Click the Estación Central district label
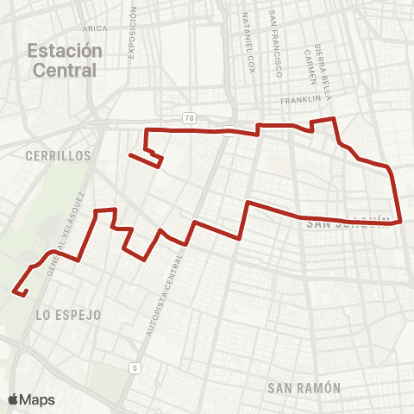tap(64, 60)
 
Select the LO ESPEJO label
tap(69, 316)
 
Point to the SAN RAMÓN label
tap(304, 387)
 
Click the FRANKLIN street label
tap(300, 101)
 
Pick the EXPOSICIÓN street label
tap(133, 34)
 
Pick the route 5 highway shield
tap(135, 368)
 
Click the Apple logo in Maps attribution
tap(13, 399)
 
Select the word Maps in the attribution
tap(37, 399)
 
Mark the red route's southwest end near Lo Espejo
tap(14, 293)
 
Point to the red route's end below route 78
tap(129, 155)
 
